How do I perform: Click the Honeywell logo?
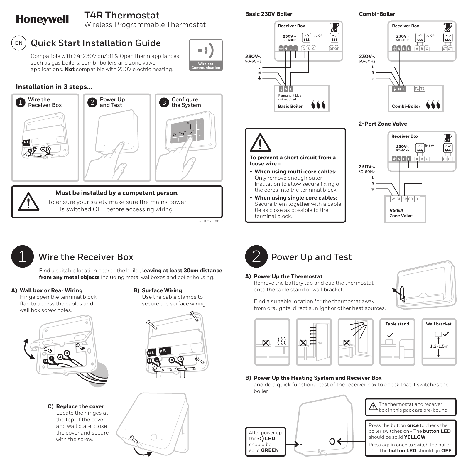42,19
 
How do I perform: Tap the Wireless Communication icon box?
206,55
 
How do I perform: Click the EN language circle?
19,43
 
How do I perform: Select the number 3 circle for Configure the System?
164,102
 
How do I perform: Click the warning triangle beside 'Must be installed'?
28,202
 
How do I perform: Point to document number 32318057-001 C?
210,221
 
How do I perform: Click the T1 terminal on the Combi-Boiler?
417,89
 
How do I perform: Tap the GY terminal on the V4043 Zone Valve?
393,199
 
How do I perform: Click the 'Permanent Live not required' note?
289,97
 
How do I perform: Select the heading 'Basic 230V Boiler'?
268,14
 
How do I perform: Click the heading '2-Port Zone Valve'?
383,124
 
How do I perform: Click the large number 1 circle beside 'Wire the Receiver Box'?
22,256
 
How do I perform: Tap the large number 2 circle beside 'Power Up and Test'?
256,256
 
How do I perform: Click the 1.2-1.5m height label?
439,346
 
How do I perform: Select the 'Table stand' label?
397,324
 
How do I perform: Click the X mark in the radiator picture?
266,343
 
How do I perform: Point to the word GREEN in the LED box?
270,450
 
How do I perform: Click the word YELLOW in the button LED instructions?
414,437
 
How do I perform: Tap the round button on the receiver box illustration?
332,441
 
